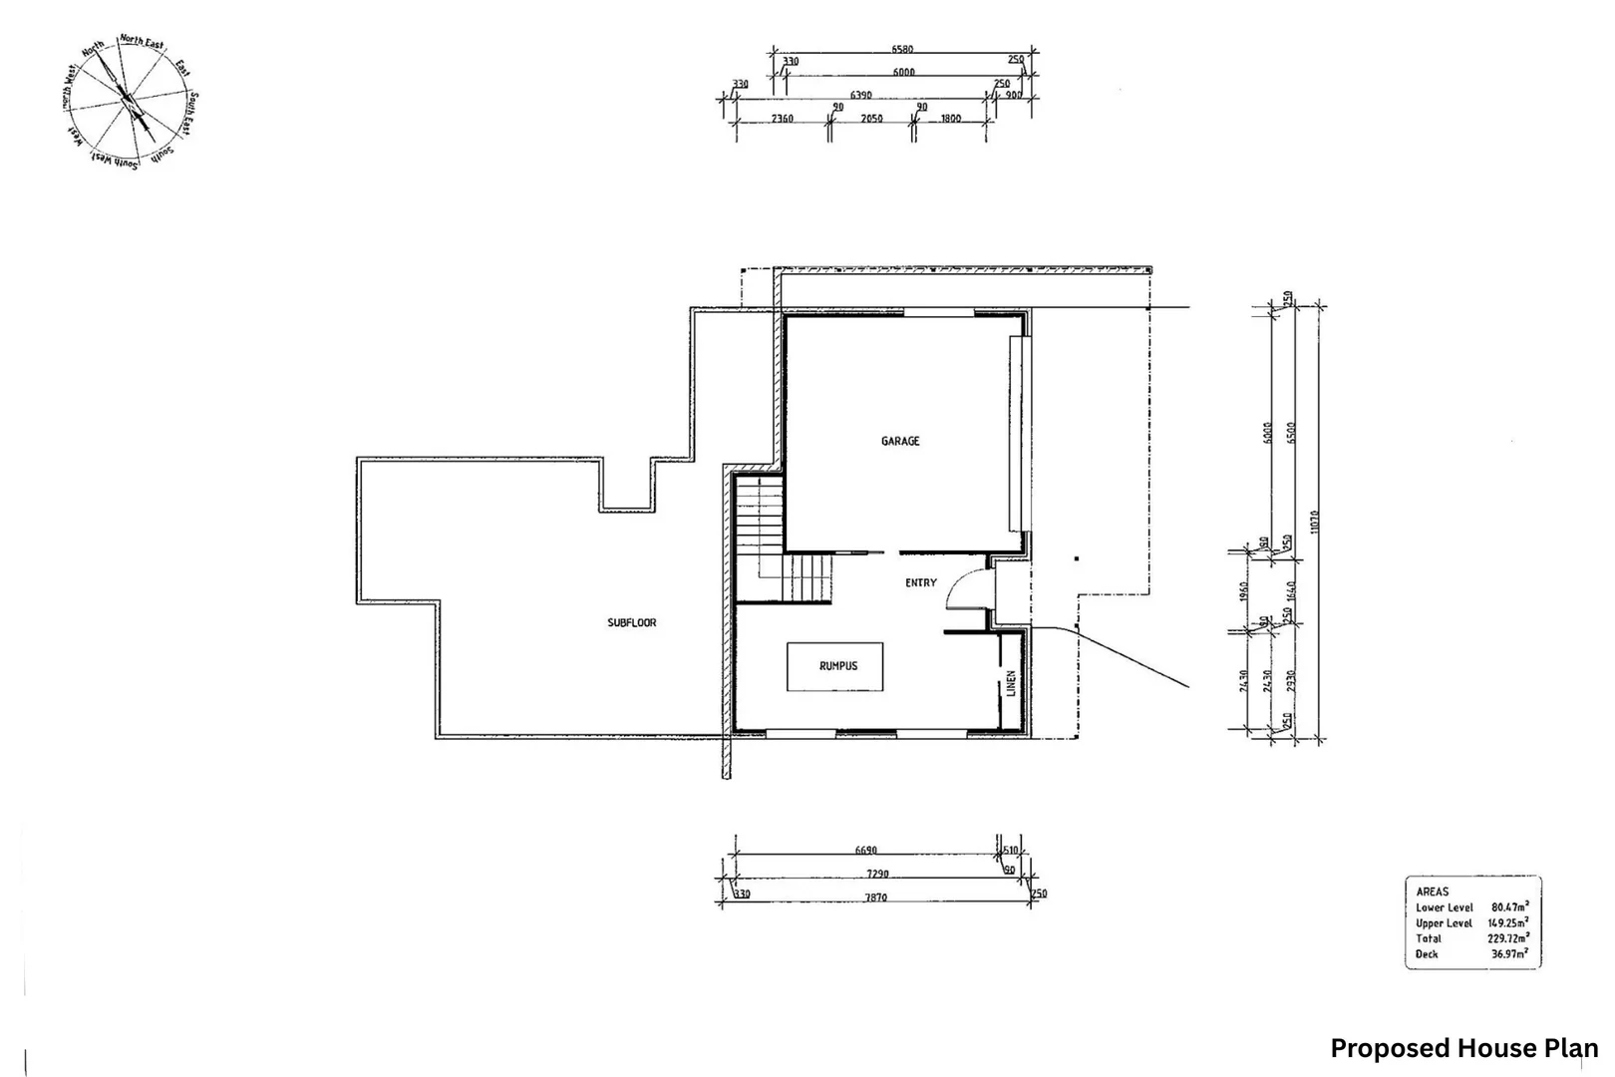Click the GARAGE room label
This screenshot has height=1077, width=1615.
pos(900,441)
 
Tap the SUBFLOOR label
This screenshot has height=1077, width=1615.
pos(632,622)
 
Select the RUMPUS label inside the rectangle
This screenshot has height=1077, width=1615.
pos(837,666)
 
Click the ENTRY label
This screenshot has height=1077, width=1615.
pos(920,582)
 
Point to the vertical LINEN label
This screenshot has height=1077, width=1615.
pos(1011,683)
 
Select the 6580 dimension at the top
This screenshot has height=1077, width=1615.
pos(902,49)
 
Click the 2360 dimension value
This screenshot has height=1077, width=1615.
pos(783,119)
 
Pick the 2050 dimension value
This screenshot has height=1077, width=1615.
pos(871,119)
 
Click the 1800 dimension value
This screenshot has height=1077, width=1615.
pos(950,119)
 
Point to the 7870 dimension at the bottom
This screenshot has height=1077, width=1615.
pos(875,897)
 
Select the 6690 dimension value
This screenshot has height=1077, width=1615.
pos(865,851)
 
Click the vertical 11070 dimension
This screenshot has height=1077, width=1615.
pos(1316,524)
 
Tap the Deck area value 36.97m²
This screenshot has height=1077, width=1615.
pos(1509,954)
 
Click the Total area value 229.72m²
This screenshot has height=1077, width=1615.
pos(1508,938)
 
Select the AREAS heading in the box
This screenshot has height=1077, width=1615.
pos(1432,892)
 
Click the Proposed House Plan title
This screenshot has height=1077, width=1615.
pos(1463,1048)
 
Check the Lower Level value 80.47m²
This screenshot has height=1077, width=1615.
pos(1509,907)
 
